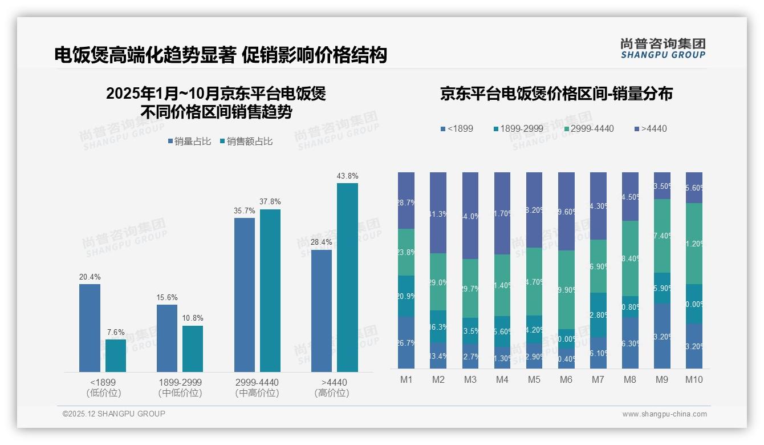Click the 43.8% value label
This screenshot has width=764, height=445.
(347, 176)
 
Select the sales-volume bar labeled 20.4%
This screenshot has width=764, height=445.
(90, 328)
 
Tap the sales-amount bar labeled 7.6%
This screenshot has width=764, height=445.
(115, 355)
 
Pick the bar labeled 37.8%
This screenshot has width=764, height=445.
(270, 290)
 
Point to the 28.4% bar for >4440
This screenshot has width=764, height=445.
(322, 311)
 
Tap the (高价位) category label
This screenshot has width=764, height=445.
(331, 393)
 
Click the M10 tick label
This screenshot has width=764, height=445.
(693, 380)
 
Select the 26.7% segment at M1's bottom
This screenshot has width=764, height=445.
(406, 342)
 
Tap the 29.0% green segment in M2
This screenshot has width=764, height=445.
(438, 282)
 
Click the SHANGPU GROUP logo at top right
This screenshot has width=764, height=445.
(663, 48)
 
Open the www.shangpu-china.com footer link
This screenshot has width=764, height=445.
(664, 414)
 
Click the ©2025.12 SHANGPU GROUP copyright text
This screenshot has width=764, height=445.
(114, 414)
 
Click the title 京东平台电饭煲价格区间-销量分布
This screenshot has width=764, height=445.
(556, 94)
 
